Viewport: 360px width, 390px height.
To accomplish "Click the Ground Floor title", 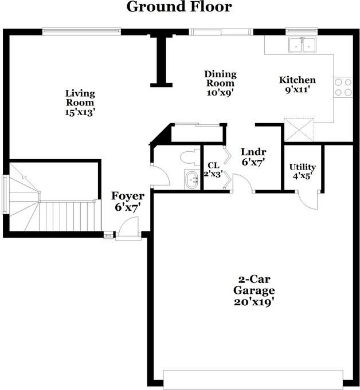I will point(179,7).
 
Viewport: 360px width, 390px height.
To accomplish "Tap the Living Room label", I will point(80,98).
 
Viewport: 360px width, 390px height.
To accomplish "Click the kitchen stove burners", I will point(343,86).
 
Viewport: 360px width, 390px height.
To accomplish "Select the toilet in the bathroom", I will point(187,156).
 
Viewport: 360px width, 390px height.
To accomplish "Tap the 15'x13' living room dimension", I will point(80,113).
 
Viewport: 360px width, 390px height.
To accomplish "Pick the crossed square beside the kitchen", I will point(300,129).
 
